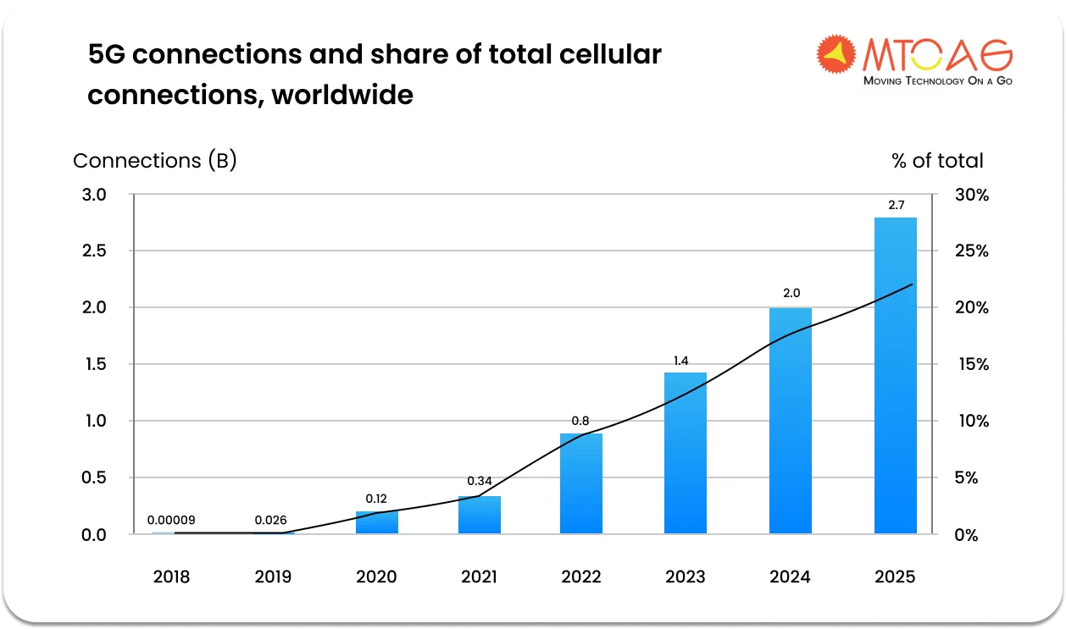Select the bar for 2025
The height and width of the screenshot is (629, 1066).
pyautogui.click(x=895, y=376)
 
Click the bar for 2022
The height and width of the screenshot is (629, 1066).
pyautogui.click(x=581, y=483)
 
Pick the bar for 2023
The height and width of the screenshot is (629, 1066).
pyautogui.click(x=685, y=453)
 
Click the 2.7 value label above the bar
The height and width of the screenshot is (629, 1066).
pyautogui.click(x=896, y=206)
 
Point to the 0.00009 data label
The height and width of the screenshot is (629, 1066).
pyautogui.click(x=170, y=521)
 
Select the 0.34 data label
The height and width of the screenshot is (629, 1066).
pyautogui.click(x=480, y=482)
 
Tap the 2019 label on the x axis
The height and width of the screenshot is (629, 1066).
pyautogui.click(x=273, y=577)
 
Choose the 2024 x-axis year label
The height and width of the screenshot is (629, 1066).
pyautogui.click(x=790, y=577)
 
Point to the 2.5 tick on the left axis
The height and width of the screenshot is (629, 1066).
pyautogui.click(x=94, y=251)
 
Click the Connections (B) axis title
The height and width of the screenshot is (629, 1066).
pyautogui.click(x=154, y=161)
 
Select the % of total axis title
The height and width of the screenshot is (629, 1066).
pyautogui.click(x=937, y=161)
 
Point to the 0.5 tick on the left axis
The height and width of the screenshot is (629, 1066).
pyautogui.click(x=94, y=477)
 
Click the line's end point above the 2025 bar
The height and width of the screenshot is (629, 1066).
pyautogui.click(x=912, y=284)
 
